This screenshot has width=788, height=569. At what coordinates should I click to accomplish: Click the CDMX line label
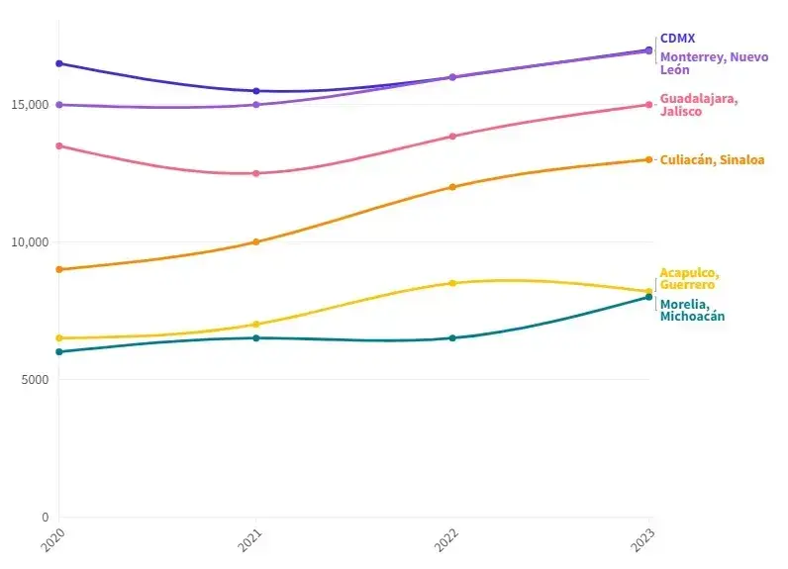click(x=677, y=39)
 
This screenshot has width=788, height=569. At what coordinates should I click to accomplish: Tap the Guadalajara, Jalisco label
click(x=699, y=105)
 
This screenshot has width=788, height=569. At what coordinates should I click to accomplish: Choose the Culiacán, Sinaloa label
click(x=712, y=159)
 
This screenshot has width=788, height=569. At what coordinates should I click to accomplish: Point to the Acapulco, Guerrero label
click(x=689, y=279)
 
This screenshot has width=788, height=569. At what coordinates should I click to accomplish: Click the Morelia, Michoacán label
click(x=692, y=310)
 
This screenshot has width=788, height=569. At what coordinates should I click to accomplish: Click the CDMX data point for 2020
click(x=59, y=63)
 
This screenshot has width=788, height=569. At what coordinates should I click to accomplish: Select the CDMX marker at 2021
click(x=256, y=91)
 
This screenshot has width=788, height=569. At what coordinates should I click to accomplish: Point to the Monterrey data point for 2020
click(x=59, y=105)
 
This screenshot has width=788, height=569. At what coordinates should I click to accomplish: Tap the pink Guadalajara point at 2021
click(x=256, y=173)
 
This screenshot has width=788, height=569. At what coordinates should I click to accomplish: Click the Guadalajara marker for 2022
click(x=452, y=137)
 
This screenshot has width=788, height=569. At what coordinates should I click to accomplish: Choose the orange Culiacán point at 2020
click(x=59, y=269)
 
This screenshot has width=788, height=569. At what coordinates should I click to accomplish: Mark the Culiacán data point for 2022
click(x=452, y=187)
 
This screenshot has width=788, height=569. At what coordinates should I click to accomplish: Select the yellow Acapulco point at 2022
click(x=452, y=283)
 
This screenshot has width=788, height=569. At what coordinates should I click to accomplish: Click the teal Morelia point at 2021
click(x=256, y=338)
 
